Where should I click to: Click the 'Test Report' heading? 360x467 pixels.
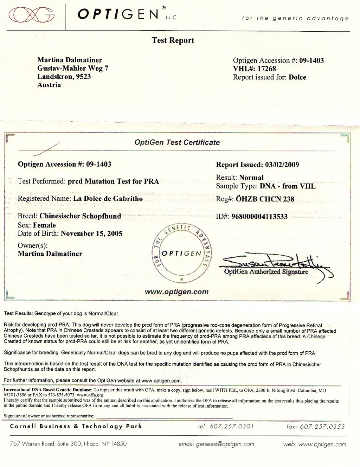point(173,40)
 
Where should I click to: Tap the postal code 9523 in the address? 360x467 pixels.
point(83,76)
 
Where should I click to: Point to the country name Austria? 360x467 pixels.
point(49,85)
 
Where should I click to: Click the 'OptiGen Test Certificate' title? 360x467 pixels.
point(177,142)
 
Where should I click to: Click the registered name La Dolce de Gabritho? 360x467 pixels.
point(108,198)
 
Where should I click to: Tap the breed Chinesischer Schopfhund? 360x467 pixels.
point(80,216)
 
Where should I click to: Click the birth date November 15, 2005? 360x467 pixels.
point(91,233)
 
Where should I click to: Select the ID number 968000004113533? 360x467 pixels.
point(259,217)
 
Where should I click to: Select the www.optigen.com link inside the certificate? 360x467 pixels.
point(176,292)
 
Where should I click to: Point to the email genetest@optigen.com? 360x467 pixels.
point(225,444)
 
